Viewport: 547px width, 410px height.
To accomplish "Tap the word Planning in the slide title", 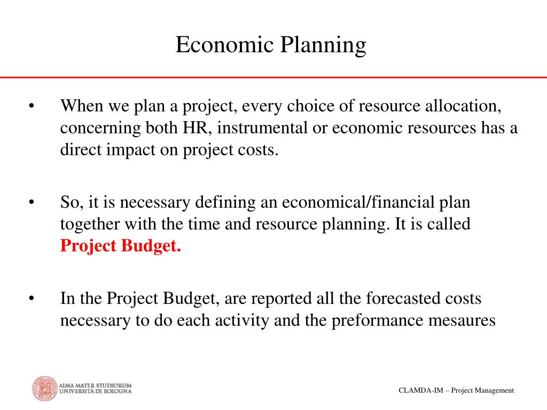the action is click(323, 46).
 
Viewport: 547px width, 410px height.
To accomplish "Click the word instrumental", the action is click(262, 128).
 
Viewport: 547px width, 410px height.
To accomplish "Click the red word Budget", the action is click(151, 246).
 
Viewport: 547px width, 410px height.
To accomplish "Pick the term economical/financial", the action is click(358, 202).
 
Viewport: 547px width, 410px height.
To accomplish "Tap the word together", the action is click(90, 225).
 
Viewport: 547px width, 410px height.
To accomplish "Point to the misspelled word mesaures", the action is click(462, 321).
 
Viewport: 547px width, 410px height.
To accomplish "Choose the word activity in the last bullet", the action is click(242, 321).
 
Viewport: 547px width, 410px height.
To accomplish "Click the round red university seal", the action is click(45, 389).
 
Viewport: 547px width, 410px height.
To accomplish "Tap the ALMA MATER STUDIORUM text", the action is click(95, 385).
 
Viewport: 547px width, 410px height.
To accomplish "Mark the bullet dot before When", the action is click(32, 106).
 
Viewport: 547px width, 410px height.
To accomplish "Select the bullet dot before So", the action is click(32, 202).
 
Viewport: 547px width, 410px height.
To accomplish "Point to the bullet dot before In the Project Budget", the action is click(32, 298).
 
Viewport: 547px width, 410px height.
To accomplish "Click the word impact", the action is click(130, 150).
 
